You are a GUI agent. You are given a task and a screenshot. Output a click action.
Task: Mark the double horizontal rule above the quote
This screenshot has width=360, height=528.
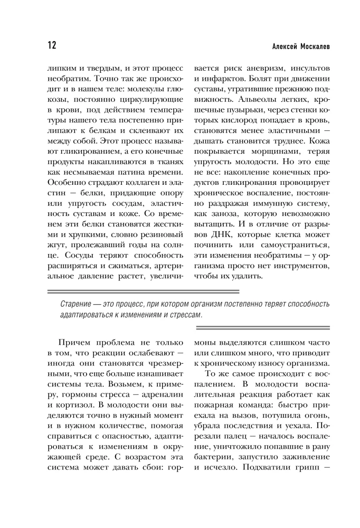[143, 291]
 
